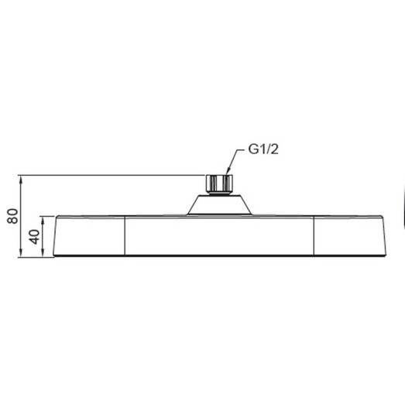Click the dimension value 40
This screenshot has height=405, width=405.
click(x=34, y=235)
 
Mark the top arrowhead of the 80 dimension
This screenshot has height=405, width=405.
click(x=23, y=178)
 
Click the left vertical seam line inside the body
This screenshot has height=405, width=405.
click(x=125, y=235)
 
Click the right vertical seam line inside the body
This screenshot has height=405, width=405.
click(x=312, y=235)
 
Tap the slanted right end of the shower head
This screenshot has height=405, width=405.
click(x=385, y=235)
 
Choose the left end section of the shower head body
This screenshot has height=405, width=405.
click(x=89, y=235)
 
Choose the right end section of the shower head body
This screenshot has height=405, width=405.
click(x=348, y=235)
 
